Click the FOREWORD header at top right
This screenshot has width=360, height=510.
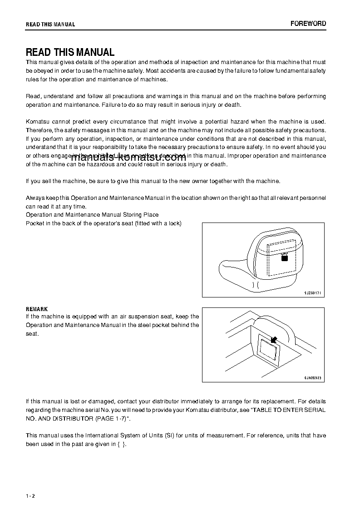pos(308,24)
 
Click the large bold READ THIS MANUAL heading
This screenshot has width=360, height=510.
pos(70,52)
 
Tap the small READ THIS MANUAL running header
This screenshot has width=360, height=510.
pos(50,24)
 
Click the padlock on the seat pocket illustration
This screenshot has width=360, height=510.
pos(285,257)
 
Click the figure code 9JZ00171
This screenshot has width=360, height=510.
pos(312,293)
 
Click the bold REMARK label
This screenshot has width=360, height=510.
pos(37,309)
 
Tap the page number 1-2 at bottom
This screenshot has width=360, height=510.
pos(30,495)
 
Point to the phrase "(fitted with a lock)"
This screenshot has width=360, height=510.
pos(158,223)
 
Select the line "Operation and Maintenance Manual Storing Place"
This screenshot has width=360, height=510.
pos(92,214)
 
